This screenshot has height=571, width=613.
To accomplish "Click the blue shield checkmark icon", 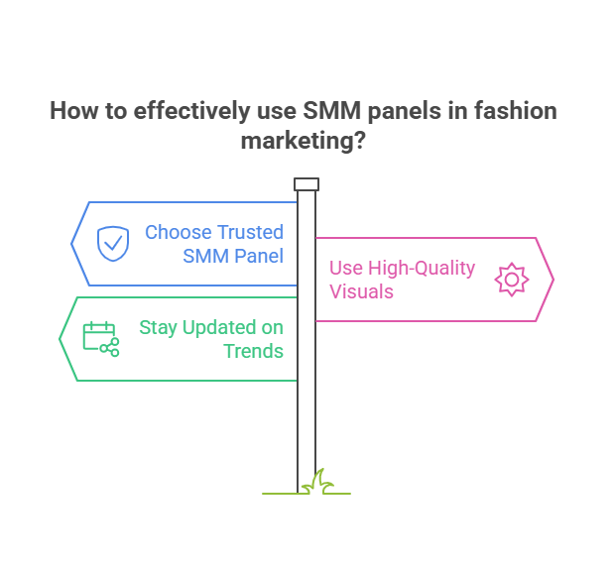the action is (x=113, y=244).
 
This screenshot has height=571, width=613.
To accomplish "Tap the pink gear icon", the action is (x=512, y=280).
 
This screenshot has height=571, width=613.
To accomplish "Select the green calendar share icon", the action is (x=101, y=339).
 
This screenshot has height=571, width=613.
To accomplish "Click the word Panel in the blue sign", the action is (x=259, y=256).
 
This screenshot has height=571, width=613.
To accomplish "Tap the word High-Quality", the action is (x=422, y=269).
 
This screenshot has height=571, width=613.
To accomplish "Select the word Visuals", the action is (x=361, y=291).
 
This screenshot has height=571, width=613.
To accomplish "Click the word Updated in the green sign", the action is (x=219, y=328).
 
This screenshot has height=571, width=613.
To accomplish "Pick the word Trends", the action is (x=253, y=351).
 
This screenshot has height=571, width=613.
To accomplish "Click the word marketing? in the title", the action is (x=303, y=141).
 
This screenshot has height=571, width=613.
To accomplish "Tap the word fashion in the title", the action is (x=516, y=111).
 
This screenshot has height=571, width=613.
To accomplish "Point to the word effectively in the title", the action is (x=191, y=111).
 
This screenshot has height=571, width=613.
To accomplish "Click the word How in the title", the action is (x=73, y=111).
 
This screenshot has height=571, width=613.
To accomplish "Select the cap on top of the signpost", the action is (x=306, y=184).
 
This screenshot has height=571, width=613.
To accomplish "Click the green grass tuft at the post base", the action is (x=317, y=483).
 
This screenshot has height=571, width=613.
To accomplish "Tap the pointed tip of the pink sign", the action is (x=553, y=280).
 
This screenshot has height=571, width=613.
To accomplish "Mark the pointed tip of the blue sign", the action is (x=71, y=244).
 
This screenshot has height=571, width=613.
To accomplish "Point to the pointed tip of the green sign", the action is (x=60, y=339).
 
